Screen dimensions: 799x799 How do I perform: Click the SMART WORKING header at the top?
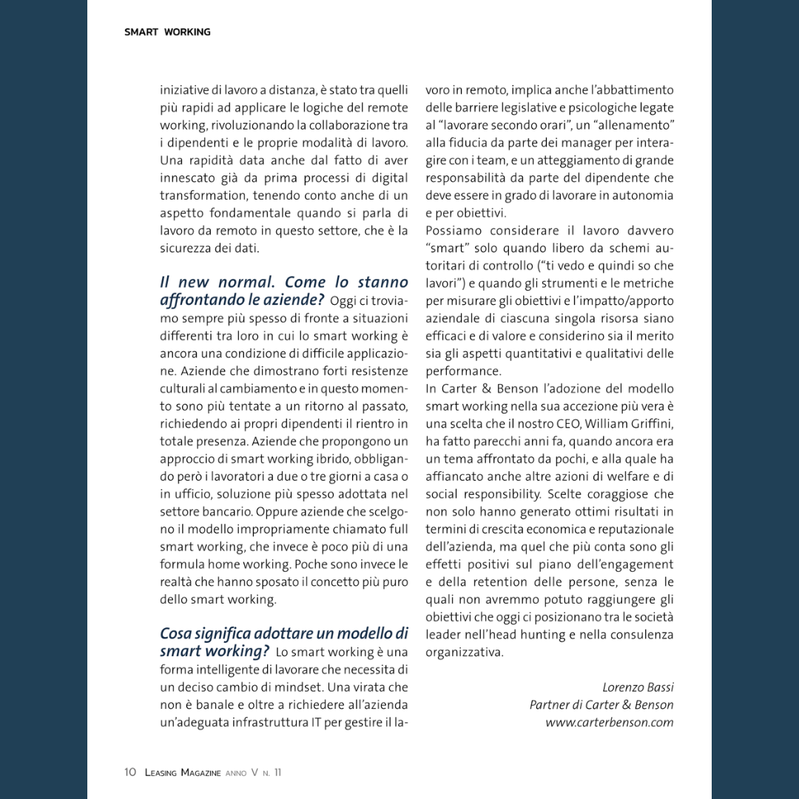click(x=167, y=32)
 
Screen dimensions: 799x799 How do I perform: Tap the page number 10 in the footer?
click(x=130, y=772)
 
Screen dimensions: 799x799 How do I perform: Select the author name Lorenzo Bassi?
click(x=638, y=687)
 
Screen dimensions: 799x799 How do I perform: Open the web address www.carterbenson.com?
click(x=610, y=723)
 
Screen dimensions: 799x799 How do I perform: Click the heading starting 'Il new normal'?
click(x=283, y=283)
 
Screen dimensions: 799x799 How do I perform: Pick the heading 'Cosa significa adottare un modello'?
click(x=283, y=634)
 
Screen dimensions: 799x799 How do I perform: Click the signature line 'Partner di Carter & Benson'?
click(x=601, y=705)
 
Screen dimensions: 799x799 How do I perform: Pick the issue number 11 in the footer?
click(x=277, y=772)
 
